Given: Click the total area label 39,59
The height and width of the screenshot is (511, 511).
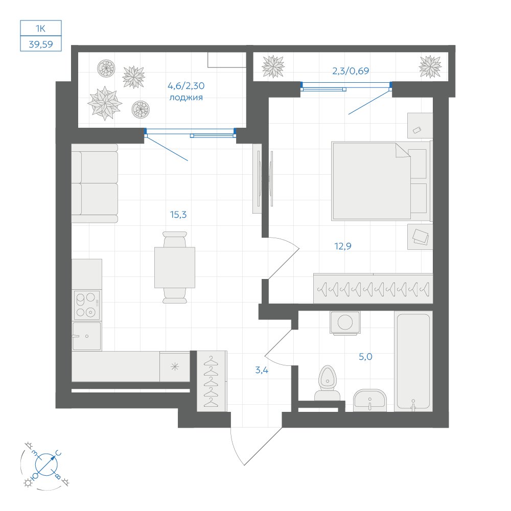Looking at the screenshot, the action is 41,44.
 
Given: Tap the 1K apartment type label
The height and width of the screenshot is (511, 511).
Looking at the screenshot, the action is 40,28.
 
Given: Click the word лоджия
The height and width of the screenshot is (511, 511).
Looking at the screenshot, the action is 186,98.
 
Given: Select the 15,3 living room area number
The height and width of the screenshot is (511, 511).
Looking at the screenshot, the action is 178,215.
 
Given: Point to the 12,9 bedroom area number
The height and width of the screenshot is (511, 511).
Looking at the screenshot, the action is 343,246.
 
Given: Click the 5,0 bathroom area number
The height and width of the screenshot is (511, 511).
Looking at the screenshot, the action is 365,357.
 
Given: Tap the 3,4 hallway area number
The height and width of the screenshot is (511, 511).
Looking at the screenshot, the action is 262,370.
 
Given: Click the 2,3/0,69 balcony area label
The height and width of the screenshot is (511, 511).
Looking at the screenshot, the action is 351,71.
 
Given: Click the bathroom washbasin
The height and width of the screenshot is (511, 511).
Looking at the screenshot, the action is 370,400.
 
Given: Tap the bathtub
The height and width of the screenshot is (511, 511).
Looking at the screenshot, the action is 413,361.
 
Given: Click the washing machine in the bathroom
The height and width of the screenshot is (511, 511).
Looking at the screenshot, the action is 345,323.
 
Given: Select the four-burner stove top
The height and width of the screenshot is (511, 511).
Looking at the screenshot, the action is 87,305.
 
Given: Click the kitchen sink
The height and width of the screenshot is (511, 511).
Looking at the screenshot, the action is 87,336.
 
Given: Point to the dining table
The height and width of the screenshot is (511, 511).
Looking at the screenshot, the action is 175,268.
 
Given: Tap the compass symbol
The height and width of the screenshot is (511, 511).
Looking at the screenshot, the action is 46,464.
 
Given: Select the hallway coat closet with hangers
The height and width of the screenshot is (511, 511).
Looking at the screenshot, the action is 211,381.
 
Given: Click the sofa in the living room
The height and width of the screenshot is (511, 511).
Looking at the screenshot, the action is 95,183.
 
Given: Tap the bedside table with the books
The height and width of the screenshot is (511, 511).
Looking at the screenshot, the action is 420,237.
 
